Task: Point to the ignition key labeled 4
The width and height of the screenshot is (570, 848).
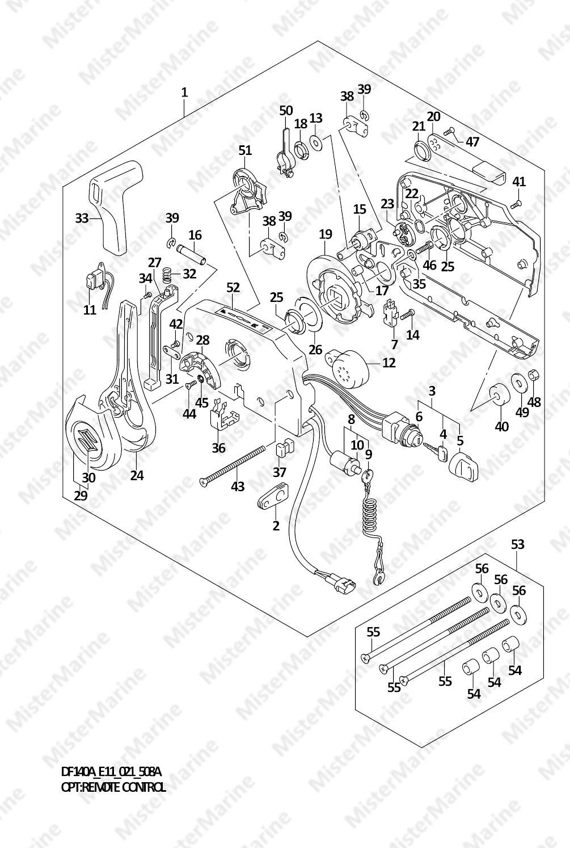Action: [436, 452]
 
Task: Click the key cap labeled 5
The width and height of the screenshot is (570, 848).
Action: [462, 467]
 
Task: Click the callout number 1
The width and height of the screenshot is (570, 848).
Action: [184, 93]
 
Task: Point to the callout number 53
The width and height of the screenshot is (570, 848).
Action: [518, 544]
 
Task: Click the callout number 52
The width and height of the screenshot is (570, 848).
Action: [233, 288]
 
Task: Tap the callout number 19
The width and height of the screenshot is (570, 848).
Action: [326, 234]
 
